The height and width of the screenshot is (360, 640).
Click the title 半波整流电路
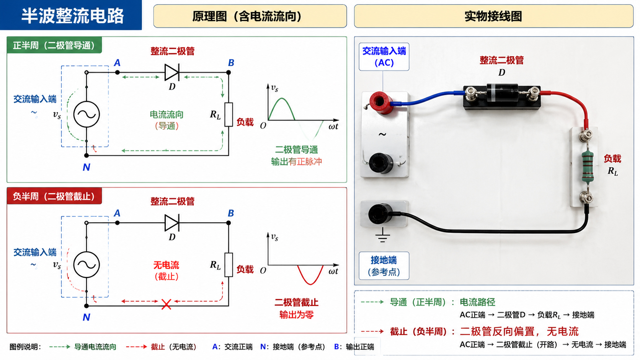click(x=73, y=15)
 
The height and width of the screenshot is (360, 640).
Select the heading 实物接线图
click(x=493, y=16)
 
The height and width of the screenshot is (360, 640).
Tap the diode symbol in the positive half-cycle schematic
click(x=172, y=72)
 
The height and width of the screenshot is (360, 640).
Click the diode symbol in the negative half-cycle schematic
click(x=172, y=223)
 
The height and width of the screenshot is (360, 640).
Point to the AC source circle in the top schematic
click(x=87, y=114)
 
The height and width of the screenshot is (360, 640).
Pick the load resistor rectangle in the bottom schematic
click(x=229, y=265)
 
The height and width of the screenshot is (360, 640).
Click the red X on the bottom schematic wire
click(x=166, y=304)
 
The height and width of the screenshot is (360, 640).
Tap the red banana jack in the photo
click(x=379, y=102)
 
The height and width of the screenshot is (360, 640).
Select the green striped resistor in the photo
click(x=588, y=167)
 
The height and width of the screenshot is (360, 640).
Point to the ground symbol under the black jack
click(x=382, y=235)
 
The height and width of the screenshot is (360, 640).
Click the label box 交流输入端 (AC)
click(x=384, y=57)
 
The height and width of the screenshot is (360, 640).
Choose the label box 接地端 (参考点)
click(x=384, y=266)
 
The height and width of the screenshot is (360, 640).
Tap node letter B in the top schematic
click(x=231, y=63)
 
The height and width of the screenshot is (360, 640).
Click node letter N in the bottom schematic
click(x=86, y=317)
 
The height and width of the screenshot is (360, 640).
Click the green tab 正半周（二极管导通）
click(x=54, y=45)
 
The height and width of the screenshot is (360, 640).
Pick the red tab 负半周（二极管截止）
click(x=54, y=196)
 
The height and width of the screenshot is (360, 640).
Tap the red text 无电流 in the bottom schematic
click(x=166, y=265)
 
